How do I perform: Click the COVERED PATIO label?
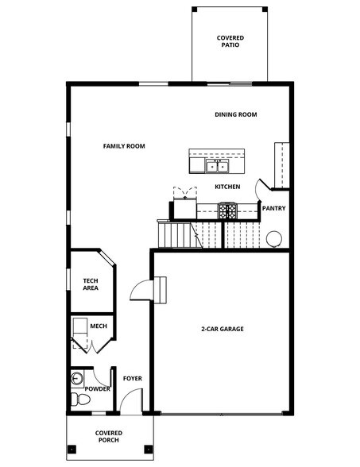230,41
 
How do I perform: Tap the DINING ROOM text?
236,114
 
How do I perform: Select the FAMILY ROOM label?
124,146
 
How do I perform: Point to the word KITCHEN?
227,187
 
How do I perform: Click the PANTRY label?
274,209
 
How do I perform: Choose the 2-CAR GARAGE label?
222,329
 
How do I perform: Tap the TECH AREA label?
91,284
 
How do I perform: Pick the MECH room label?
99,326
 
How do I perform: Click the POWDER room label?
98,388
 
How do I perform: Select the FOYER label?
133,378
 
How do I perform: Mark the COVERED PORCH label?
109,436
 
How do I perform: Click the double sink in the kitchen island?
216,165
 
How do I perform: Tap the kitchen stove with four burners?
227,210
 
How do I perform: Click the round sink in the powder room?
76,377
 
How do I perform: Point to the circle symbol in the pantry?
274,237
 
